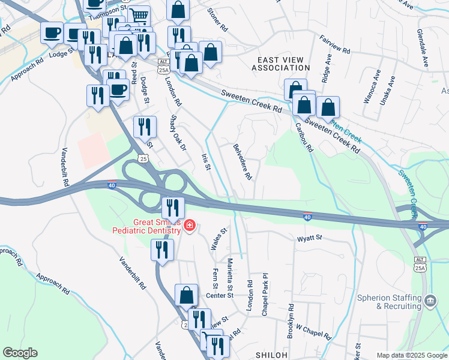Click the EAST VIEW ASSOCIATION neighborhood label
pos(280,64)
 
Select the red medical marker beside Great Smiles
pos(190,226)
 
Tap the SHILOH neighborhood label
pos(272,355)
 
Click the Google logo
pos(20,353)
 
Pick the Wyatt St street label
pos(310,238)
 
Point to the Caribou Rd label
pos(304,137)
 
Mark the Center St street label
pos(219,295)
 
